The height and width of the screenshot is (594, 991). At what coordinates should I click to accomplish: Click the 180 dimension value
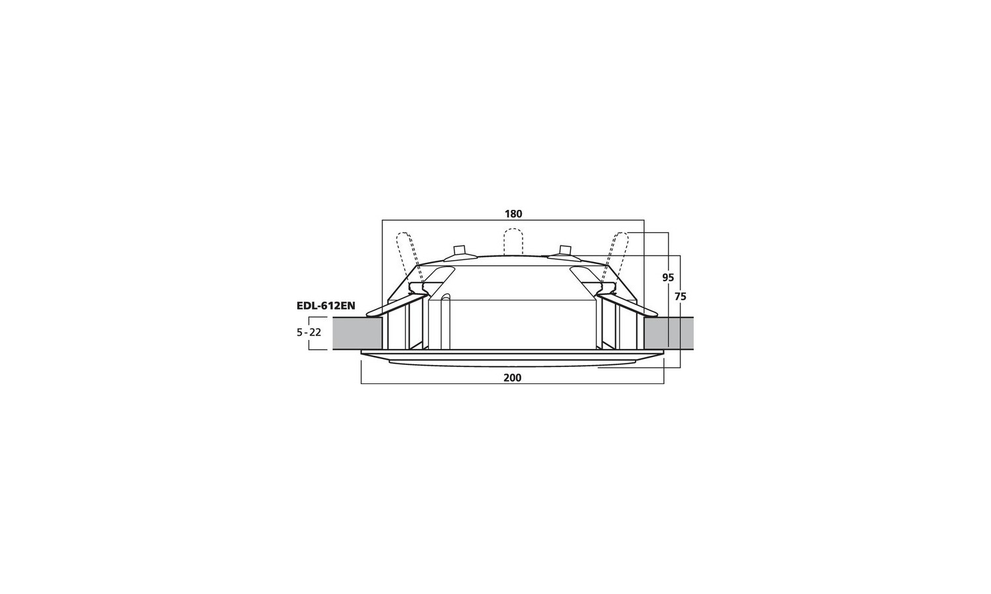[513, 214]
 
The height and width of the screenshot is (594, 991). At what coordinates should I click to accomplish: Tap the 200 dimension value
[512, 378]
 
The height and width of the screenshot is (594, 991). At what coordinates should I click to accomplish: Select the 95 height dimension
[668, 278]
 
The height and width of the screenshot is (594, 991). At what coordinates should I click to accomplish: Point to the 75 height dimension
[680, 297]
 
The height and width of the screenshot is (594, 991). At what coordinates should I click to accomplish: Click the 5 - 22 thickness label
[309, 333]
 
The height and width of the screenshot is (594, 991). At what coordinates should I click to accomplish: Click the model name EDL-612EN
[326, 306]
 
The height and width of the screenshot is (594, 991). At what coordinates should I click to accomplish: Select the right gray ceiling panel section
[669, 333]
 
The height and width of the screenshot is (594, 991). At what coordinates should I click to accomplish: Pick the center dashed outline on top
[513, 242]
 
